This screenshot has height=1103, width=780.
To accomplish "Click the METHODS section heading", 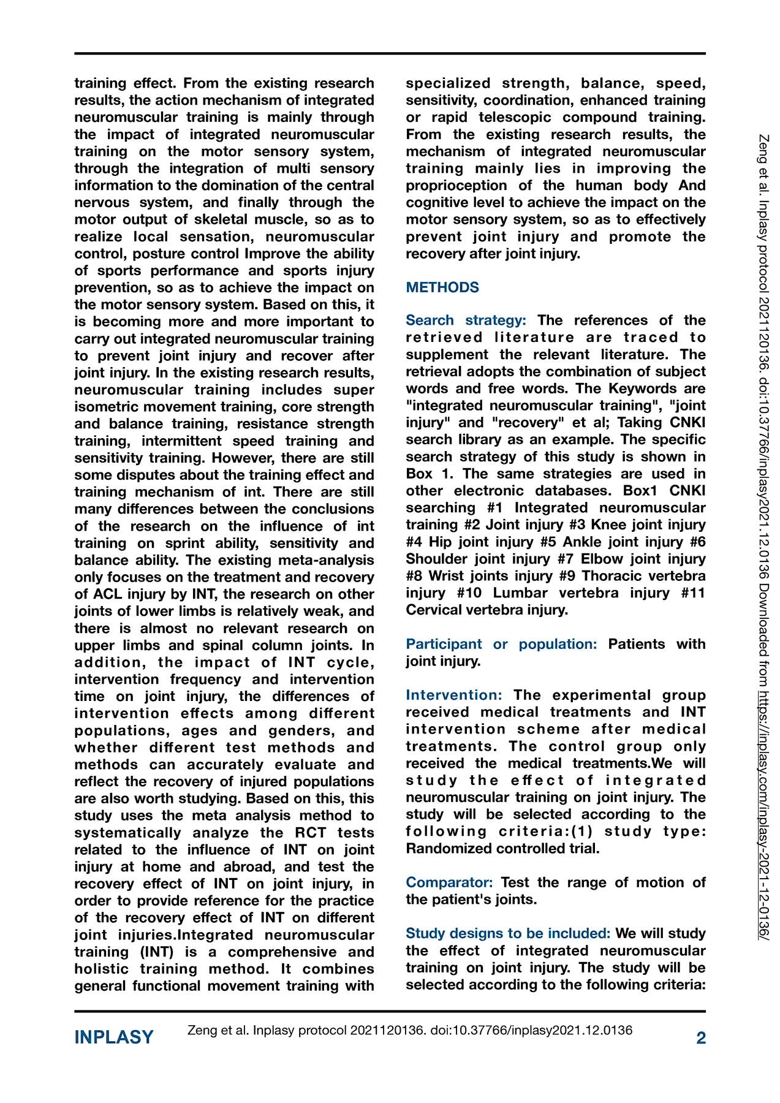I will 442,287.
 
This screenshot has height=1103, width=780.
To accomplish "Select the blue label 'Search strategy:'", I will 466,320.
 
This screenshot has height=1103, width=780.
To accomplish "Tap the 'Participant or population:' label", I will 501,644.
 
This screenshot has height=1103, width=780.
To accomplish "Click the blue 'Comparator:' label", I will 449,882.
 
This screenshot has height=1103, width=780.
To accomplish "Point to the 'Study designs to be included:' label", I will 508,933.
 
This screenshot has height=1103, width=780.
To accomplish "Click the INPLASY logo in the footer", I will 114,1037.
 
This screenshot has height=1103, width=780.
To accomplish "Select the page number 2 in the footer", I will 701,1037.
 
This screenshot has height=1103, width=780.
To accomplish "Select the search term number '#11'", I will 691,593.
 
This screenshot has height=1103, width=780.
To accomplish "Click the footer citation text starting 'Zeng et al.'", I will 409,1030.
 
